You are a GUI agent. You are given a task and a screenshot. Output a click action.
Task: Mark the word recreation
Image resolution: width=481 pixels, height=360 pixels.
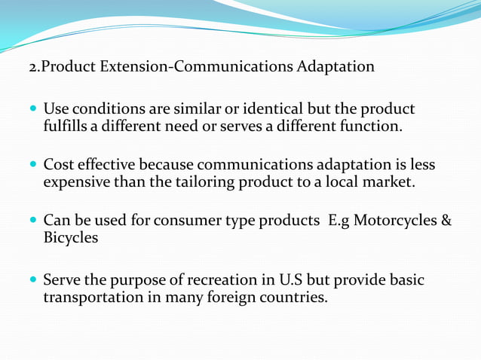(229, 281)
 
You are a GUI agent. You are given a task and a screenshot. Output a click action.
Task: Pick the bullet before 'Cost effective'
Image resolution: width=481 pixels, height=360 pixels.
(33, 165)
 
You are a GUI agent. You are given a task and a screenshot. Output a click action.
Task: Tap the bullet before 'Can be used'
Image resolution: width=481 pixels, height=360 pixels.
(33, 221)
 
